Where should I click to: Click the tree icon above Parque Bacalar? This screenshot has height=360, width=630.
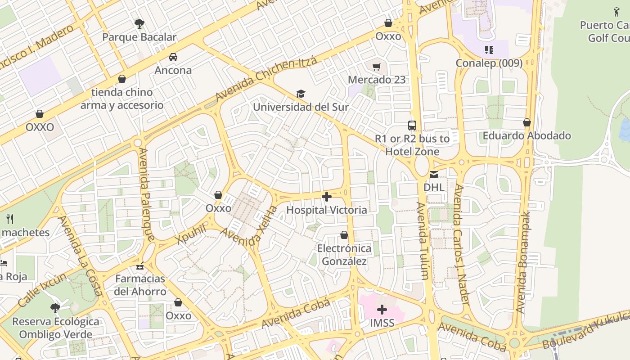tap(139, 23)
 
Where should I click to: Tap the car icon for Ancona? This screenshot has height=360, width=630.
tap(173, 57)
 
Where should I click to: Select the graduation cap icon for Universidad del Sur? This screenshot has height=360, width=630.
tap(301, 94)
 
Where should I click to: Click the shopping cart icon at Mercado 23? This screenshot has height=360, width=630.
tap(377, 67)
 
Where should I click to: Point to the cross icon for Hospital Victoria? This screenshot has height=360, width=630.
tap(327, 197)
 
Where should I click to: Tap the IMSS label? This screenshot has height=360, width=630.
tap(382, 323)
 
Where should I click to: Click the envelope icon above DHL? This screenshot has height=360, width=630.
tap(434, 174)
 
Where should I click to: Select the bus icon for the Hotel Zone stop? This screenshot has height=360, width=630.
tap(412, 126)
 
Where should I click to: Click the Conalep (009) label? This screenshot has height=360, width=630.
tap(489, 63)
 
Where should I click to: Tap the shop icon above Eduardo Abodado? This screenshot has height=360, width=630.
tap(527, 122)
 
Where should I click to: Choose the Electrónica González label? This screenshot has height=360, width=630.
tap(344, 255)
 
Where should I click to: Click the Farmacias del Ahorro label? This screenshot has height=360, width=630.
tap(140, 285)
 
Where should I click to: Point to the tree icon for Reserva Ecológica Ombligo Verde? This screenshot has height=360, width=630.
tap(55, 308)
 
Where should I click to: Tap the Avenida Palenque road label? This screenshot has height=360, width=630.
tap(148, 193)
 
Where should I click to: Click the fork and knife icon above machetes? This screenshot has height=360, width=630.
tap(10, 219)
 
